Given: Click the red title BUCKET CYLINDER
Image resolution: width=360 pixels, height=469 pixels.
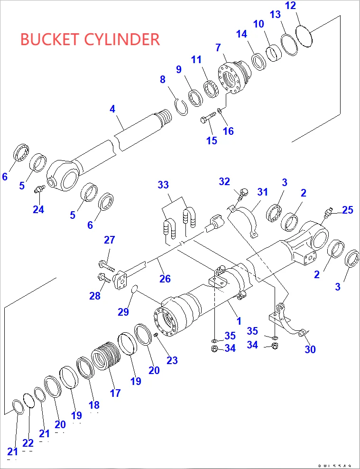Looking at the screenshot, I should pyautogui.click(x=90, y=39).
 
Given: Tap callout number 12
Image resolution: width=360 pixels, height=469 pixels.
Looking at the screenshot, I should pyautogui.click(x=290, y=6).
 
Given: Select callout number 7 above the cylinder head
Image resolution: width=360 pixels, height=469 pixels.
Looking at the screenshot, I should pyautogui.click(x=218, y=47).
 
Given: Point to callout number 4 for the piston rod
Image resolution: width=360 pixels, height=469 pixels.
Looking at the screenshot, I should pyautogui.click(x=112, y=109).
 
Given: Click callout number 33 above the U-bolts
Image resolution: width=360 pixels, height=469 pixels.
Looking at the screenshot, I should pyautogui.click(x=163, y=184).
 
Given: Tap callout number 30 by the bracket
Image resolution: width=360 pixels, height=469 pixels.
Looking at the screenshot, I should pyautogui.click(x=310, y=349).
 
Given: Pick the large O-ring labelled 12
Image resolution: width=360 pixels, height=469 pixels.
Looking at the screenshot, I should pyautogui.click(x=305, y=36).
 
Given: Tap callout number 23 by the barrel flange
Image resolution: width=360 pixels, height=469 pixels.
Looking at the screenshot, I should pyautogui.click(x=172, y=360).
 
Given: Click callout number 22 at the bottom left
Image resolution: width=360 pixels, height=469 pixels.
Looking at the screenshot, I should pyautogui.click(x=28, y=443).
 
